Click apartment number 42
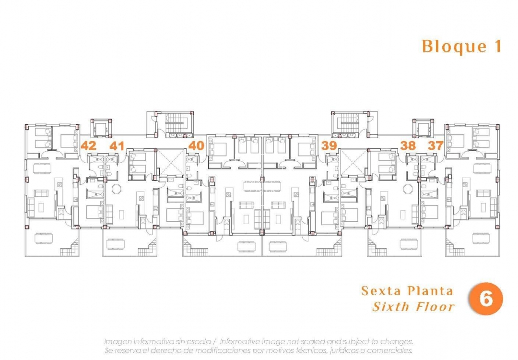tap(88, 145)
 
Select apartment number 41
tap(117, 145)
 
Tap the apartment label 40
tap(196, 145)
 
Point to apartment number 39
tap(329, 145)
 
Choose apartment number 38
tap(409, 145)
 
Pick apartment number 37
tap(436, 145)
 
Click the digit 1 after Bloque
tap(497, 47)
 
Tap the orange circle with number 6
tap(485, 299)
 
